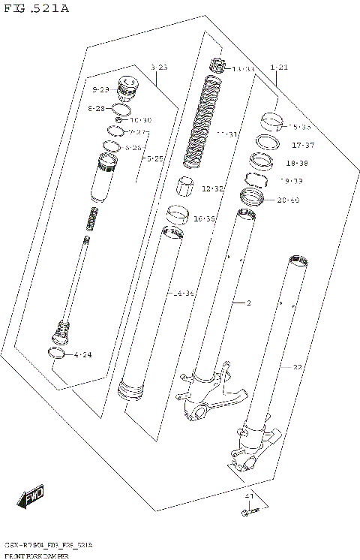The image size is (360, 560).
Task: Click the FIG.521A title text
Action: [35, 8]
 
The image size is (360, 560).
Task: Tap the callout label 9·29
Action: [100, 90]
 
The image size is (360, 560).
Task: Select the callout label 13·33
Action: [244, 69]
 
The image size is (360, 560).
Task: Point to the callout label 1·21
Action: [278, 68]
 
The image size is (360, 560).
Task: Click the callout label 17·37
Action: [303, 145]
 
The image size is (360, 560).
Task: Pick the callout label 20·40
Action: [288, 200]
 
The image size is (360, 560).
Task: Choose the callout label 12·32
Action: [213, 188]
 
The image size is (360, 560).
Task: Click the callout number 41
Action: [250, 497]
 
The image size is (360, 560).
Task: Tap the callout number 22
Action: [298, 367]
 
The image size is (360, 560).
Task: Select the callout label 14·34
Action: [184, 293]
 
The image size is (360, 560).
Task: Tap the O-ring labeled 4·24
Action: [58, 354]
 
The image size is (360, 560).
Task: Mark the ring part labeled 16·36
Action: [177, 215]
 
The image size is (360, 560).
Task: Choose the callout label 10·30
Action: [140, 120]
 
